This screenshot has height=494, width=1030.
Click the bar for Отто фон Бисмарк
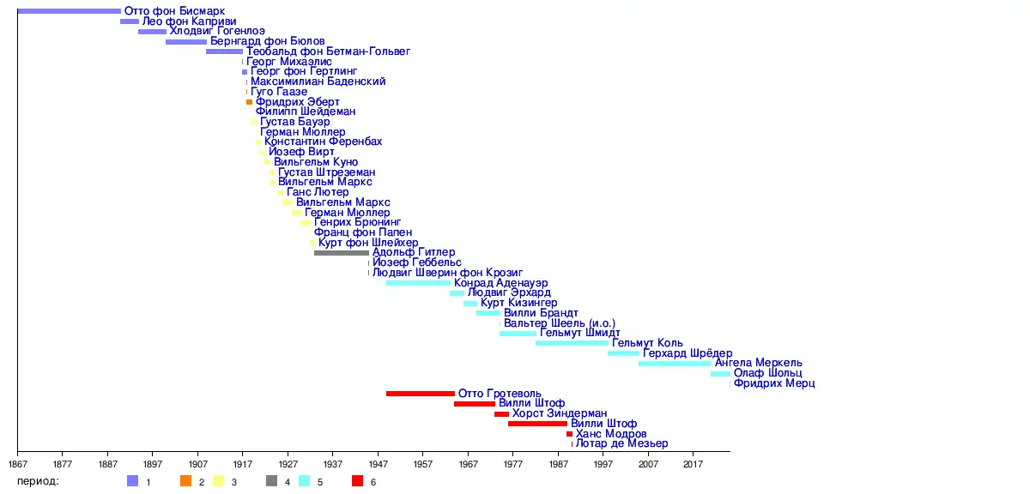pyautogui.click(x=69, y=11)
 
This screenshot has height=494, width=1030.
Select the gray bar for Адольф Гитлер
pyautogui.click(x=342, y=253)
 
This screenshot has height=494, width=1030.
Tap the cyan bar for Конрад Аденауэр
pyautogui.click(x=418, y=283)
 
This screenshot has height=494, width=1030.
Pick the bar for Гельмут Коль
pyautogui.click(x=572, y=343)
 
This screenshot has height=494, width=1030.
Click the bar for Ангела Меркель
pyautogui.click(x=675, y=364)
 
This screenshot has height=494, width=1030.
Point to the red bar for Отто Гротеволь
pyautogui.click(x=421, y=394)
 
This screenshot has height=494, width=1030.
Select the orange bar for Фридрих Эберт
pyautogui.click(x=250, y=102)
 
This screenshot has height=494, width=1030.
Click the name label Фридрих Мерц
pyautogui.click(x=773, y=383)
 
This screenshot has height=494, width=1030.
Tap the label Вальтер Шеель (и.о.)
pyautogui.click(x=559, y=323)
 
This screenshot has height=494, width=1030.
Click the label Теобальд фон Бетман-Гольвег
pyautogui.click(x=328, y=51)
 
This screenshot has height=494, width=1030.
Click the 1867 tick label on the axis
pyautogui.click(x=17, y=464)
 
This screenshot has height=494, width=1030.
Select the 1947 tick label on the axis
pyautogui.click(x=378, y=464)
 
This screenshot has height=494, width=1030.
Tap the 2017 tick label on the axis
pyautogui.click(x=694, y=464)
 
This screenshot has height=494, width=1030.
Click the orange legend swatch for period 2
pyautogui.click(x=185, y=481)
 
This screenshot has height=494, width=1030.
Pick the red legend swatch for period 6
pyautogui.click(x=358, y=481)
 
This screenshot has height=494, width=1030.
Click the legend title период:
pyautogui.click(x=38, y=481)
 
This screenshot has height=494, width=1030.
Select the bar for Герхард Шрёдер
pyautogui.click(x=623, y=353)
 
